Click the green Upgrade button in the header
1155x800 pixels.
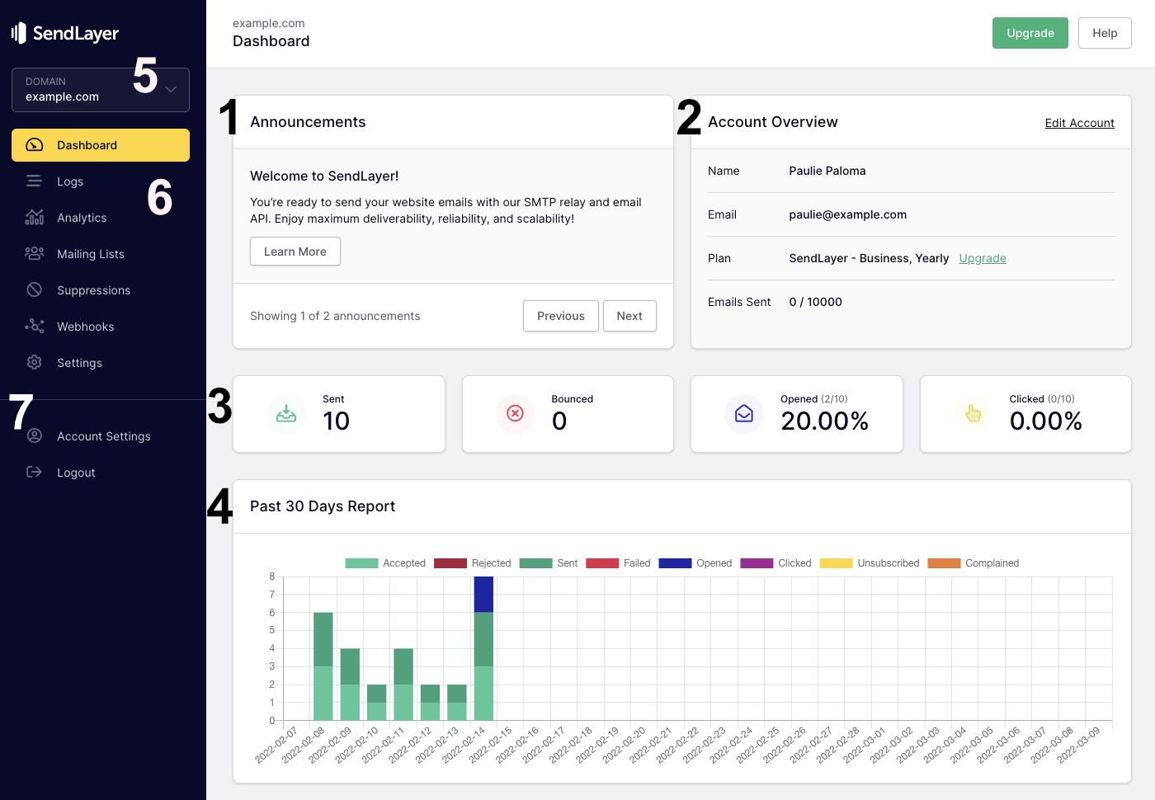click(x=1030, y=33)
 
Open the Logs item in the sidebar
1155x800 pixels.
click(x=70, y=181)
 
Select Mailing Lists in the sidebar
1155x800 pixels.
click(x=90, y=254)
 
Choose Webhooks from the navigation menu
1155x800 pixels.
click(x=85, y=327)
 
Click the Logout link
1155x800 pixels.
click(x=76, y=473)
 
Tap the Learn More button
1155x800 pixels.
click(x=295, y=252)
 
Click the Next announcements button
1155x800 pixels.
click(x=629, y=316)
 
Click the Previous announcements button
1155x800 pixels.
click(x=560, y=316)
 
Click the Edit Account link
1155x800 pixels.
click(x=1079, y=123)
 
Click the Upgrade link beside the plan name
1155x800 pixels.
click(x=982, y=258)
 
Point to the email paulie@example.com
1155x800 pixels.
click(x=847, y=214)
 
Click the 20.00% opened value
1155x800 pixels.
click(x=824, y=421)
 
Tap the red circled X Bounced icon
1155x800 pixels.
click(x=515, y=413)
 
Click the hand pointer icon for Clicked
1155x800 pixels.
click(x=973, y=413)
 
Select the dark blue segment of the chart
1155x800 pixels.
click(x=483, y=594)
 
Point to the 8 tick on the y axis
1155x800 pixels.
click(x=272, y=576)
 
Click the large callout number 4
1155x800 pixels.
click(x=219, y=506)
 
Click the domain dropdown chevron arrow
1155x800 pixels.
click(x=171, y=89)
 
